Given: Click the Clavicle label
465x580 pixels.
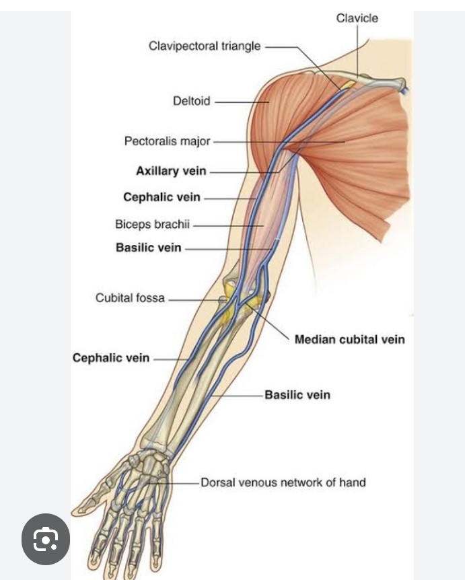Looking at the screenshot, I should (x=357, y=18).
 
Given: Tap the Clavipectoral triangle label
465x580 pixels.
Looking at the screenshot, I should (x=205, y=46).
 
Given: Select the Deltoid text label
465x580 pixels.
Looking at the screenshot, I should (x=192, y=102).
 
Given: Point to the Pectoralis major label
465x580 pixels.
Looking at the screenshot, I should (x=168, y=141).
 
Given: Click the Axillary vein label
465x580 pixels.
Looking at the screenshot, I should (x=171, y=171).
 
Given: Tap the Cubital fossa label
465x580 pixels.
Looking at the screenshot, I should (x=130, y=297).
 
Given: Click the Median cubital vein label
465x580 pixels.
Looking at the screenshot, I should (x=349, y=339).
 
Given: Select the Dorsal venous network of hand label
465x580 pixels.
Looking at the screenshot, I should (x=283, y=482).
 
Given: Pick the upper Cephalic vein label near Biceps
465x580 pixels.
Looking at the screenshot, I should (x=162, y=197).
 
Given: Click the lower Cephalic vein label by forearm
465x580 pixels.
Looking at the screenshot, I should (x=111, y=358).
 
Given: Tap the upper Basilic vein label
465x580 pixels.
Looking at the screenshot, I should (x=148, y=248).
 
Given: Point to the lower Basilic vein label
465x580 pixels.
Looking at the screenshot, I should (x=297, y=395).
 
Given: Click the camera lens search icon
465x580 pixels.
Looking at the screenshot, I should (x=46, y=539).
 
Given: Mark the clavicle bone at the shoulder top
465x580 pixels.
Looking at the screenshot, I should (x=377, y=81).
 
